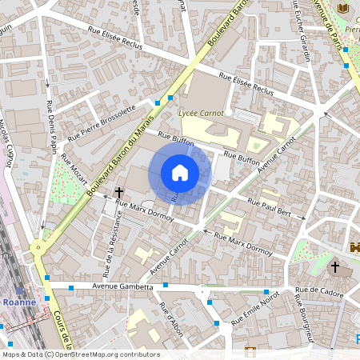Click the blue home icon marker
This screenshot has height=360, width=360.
pos(180,172)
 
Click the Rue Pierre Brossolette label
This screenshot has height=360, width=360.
pos(102,123)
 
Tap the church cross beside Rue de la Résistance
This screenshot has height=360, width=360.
pos(120,192)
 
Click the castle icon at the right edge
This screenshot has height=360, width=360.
pos(354,244)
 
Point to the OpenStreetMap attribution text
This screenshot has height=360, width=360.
pos(80,354)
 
